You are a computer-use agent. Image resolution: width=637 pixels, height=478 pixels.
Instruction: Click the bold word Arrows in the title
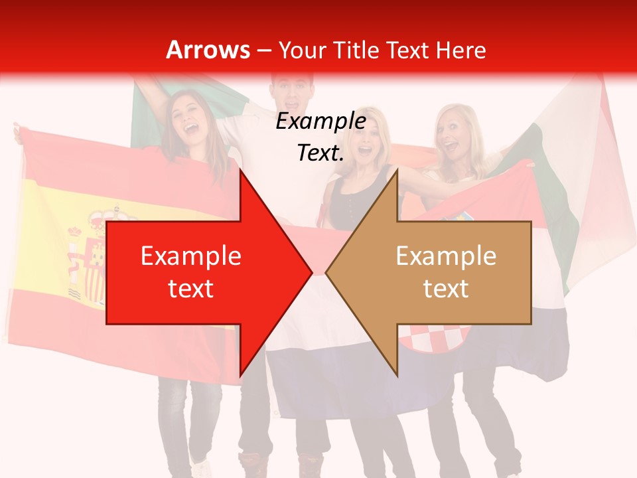click(208, 50)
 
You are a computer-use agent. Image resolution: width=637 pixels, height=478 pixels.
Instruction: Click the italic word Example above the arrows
click(320, 121)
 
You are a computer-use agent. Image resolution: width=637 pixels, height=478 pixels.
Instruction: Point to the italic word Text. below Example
click(320, 153)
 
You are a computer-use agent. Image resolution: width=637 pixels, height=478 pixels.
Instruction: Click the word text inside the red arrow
click(190, 289)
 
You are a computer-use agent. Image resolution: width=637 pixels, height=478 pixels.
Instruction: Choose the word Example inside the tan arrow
click(446, 256)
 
